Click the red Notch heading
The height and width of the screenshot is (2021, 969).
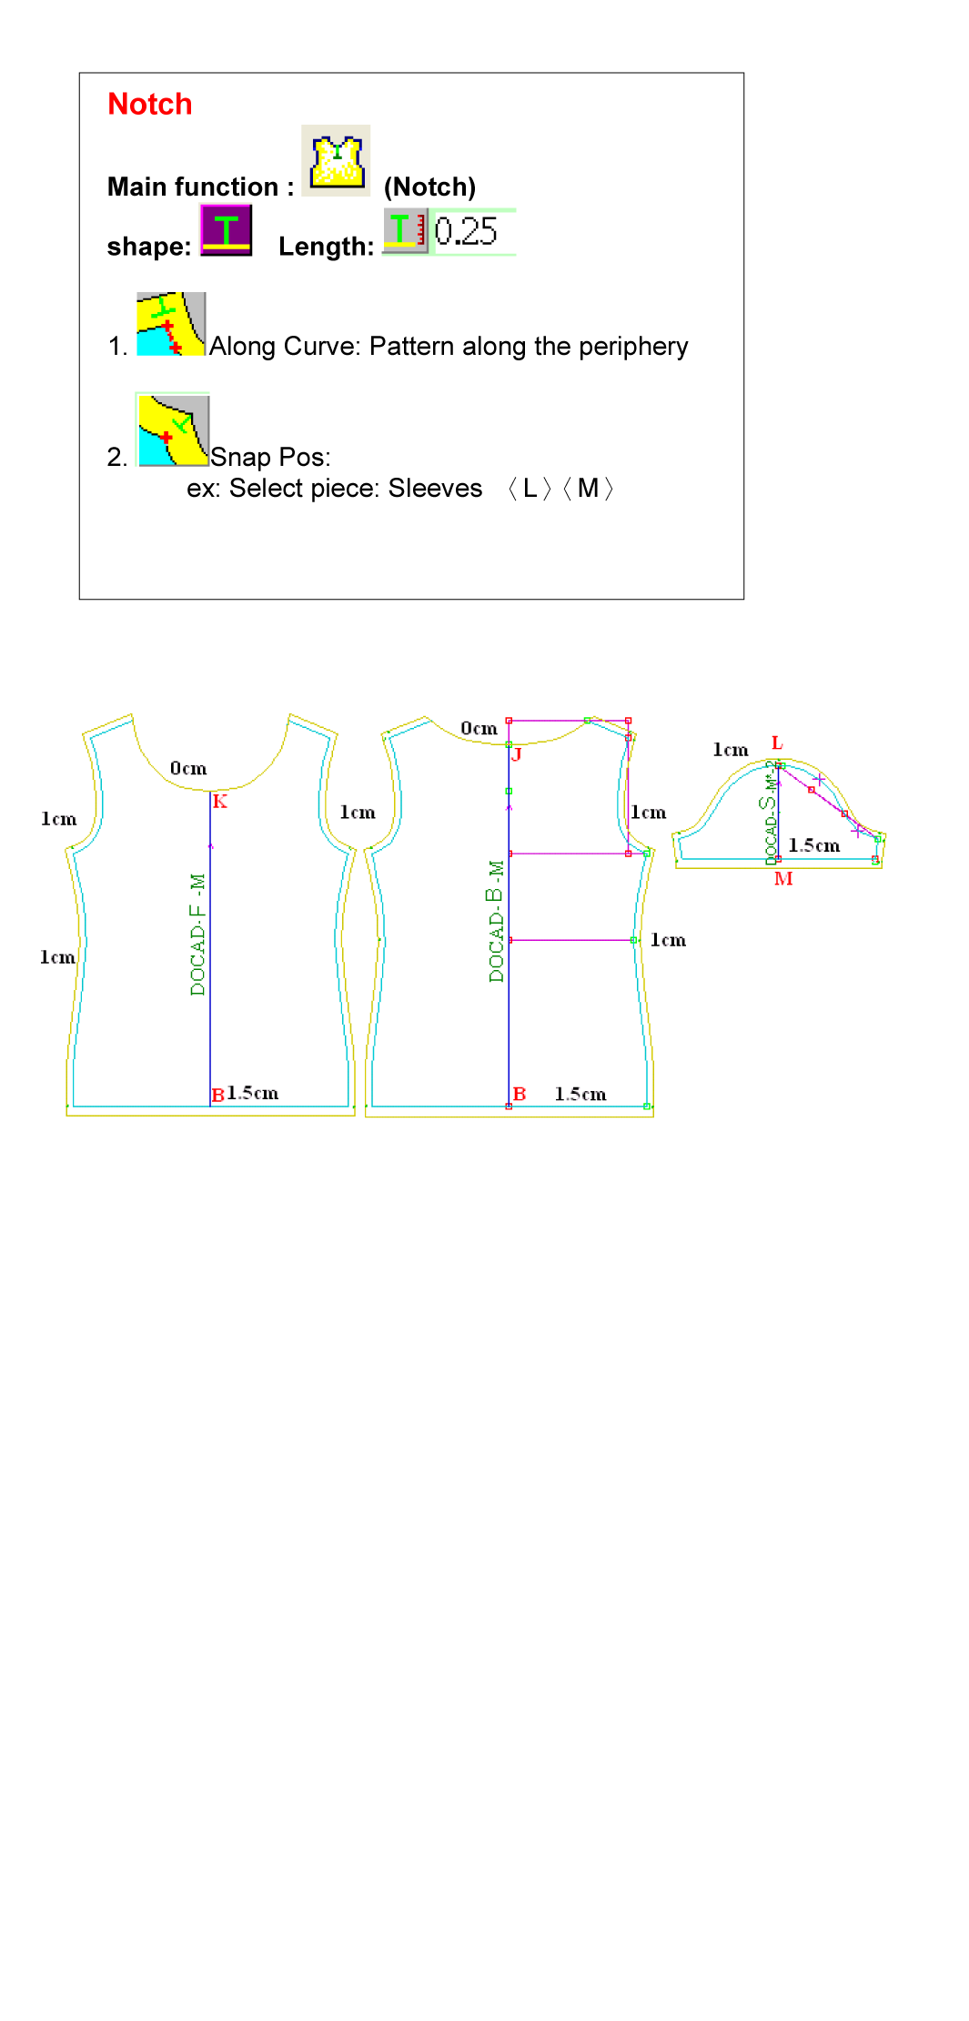click(150, 104)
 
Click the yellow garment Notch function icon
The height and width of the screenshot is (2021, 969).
click(336, 160)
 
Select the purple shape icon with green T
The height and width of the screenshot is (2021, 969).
click(226, 230)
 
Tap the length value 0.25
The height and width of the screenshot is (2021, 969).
click(466, 231)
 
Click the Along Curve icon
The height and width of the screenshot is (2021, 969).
click(171, 324)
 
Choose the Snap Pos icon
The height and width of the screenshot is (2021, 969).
click(173, 429)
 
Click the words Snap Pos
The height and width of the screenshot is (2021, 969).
click(270, 457)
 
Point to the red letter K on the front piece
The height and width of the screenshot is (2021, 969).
click(220, 802)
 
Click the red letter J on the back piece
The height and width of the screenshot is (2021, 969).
click(516, 753)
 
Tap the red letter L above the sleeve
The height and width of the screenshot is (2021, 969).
click(777, 743)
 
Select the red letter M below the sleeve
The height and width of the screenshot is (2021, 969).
click(783, 879)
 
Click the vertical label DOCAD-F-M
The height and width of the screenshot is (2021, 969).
click(197, 935)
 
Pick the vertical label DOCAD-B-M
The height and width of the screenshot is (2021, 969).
click(496, 921)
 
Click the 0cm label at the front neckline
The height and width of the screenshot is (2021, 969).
click(188, 769)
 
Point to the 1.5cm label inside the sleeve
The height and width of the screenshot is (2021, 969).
click(814, 845)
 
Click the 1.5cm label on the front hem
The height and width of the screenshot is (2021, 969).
click(253, 1093)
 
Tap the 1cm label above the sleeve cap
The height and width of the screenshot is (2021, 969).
click(731, 750)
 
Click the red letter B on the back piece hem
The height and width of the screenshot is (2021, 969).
click(520, 1094)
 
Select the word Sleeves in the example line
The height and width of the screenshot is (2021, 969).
click(435, 489)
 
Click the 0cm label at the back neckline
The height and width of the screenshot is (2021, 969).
click(479, 728)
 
